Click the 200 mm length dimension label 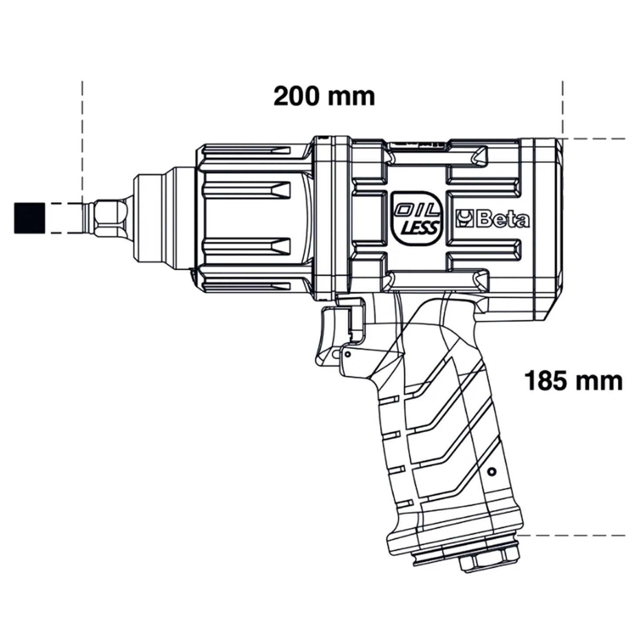click(324, 96)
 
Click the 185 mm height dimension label click(573, 381)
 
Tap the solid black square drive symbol click(29, 218)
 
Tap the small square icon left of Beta click(464, 220)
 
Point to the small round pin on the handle click(492, 472)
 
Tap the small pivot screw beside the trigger click(348, 354)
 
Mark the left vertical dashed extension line click(82, 141)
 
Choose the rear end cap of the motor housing click(547, 229)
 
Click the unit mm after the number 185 click(600, 381)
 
